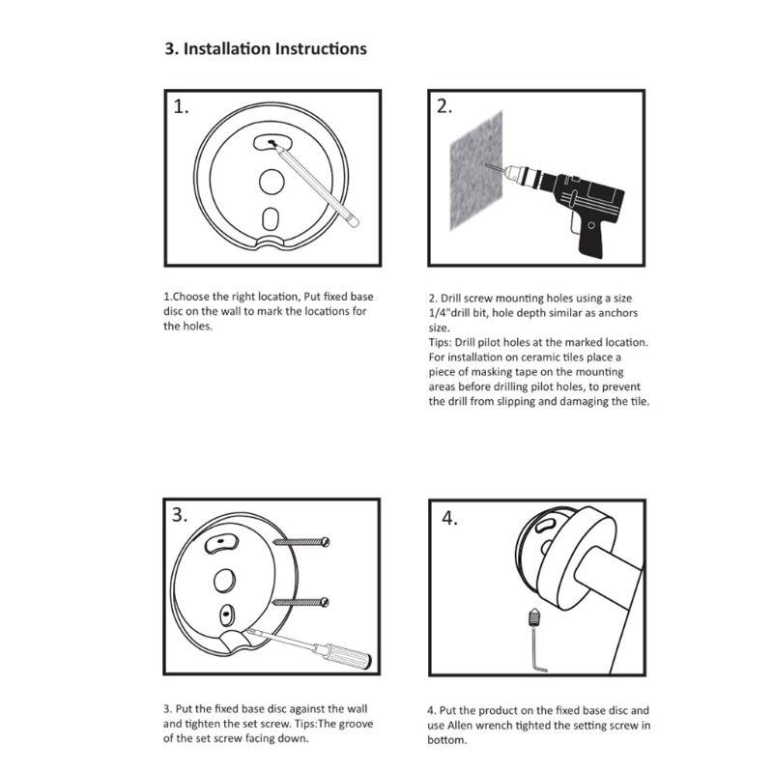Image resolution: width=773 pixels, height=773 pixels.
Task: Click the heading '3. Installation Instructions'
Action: (x=266, y=48)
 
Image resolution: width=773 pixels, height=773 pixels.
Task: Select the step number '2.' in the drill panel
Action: (x=444, y=106)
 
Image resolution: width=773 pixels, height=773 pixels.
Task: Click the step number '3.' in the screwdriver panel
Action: (x=181, y=515)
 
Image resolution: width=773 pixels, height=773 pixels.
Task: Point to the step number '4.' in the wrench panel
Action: (x=449, y=518)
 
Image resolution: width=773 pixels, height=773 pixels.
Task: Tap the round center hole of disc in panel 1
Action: (x=271, y=180)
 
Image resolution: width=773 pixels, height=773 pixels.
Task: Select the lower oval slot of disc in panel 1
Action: (x=271, y=217)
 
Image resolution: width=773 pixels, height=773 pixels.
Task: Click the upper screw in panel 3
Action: (x=302, y=541)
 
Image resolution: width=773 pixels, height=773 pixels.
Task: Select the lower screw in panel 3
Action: (x=302, y=601)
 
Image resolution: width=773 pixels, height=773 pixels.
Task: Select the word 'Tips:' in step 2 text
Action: (x=444, y=342)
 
